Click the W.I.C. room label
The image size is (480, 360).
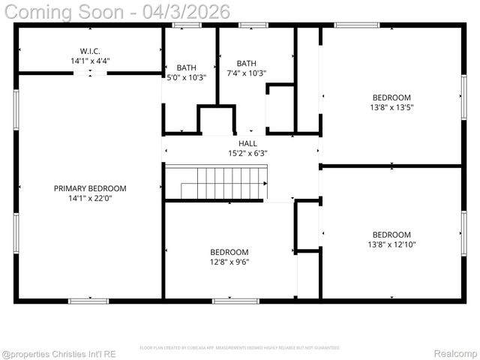point(90,51)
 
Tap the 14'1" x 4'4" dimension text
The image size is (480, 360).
point(90,61)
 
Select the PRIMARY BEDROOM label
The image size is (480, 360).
point(90,188)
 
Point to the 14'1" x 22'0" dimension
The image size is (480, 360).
point(90,199)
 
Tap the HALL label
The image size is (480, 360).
point(247,143)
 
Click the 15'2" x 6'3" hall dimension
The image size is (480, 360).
point(247,153)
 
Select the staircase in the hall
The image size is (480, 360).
point(216,183)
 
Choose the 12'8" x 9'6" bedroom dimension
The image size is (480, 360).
point(229,262)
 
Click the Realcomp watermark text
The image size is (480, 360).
point(455,352)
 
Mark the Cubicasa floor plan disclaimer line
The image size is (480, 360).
point(240,348)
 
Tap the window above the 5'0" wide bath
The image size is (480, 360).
point(186,25)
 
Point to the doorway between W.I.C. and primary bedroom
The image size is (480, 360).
point(89,73)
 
